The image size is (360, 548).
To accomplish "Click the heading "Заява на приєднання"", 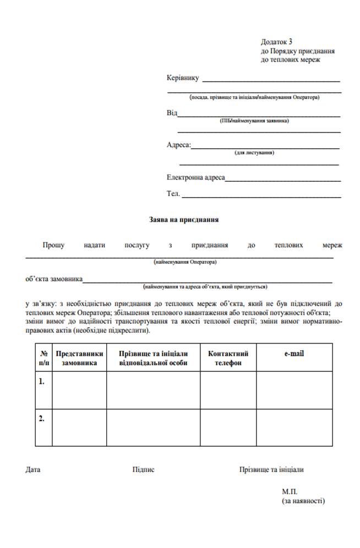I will [184, 219].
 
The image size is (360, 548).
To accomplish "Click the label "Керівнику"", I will [183, 78].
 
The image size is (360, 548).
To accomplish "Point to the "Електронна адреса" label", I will [195, 178].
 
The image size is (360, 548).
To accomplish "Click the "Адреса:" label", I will [178, 145].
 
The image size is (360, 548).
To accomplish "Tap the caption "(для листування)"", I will [254, 153].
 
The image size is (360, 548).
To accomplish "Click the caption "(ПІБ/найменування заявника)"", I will [254, 121].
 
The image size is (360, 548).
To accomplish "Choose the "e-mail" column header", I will [294, 354].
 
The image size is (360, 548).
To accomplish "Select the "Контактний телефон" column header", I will [228, 358].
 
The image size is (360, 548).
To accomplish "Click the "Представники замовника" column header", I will [79, 358].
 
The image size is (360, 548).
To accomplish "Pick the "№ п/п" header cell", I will [43, 358].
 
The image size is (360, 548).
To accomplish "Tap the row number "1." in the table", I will [42, 381].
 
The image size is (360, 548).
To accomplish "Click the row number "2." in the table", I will [42, 419].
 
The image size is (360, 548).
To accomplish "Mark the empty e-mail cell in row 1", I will [294, 390].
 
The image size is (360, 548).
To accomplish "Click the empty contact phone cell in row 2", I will [228, 427].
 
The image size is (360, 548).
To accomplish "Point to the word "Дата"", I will [33, 470].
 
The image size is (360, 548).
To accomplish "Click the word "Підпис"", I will [144, 470].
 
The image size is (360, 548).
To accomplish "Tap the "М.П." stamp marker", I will [290, 491].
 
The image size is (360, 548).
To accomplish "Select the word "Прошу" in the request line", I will [54, 245].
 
